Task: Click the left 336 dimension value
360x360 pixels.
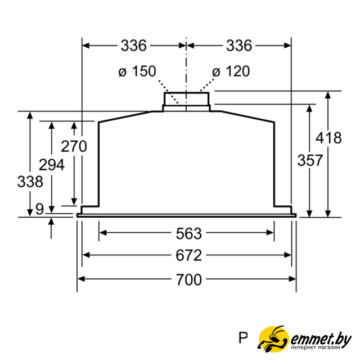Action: coord(133,46)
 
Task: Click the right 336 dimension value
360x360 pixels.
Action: coord(239,46)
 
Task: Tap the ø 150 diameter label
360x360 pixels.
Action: coord(137,71)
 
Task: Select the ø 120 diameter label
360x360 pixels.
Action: coord(231,71)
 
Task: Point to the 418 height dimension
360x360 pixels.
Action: coord(328,138)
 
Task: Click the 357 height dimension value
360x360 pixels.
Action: coord(310,160)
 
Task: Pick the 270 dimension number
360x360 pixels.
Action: coord(74,146)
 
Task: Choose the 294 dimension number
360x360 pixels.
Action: coord(52,165)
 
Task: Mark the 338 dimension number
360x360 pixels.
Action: coord(30,182)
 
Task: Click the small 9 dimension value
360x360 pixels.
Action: coord(39,209)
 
